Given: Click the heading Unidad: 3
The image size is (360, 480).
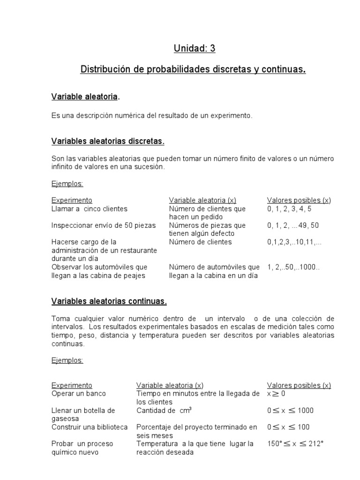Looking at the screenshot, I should coord(195,48).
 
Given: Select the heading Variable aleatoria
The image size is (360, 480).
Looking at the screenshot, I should coord(84,97).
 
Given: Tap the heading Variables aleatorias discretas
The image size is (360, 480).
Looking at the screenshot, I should coord(108,141).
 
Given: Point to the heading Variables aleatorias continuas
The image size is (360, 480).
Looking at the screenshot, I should coord(109,301).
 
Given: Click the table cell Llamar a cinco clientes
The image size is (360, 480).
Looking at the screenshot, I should coord(89,209).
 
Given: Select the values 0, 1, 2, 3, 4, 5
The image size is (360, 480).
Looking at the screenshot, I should coord(289,209).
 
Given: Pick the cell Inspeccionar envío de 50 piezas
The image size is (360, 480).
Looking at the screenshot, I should coord(103,225).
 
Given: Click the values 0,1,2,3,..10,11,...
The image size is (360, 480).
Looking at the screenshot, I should coord(294,242).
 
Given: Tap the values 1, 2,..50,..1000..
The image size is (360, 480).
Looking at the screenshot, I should coord(293,267).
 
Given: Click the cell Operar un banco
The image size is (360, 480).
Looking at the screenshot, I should coord(79,394).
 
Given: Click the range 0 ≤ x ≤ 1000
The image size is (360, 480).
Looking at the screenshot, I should coord(290,411).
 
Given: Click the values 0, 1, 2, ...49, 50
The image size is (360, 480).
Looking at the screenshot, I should coord(293,225).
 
